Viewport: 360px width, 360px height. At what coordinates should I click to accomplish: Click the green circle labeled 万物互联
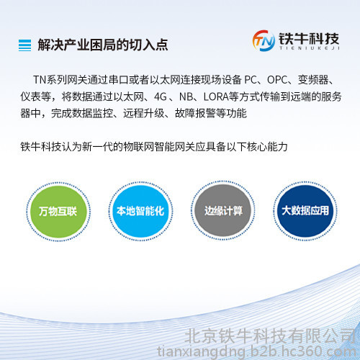pos(58,212)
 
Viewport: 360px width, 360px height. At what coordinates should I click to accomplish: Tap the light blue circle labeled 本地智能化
pos(140,211)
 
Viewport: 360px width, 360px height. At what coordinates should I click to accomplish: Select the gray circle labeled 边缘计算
pos(223,210)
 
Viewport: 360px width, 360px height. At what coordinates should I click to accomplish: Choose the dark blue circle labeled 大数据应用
pos(305,211)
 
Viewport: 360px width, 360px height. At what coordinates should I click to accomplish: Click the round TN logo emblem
pos(264,40)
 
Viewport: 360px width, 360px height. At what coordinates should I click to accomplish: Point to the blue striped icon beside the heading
pos(24,45)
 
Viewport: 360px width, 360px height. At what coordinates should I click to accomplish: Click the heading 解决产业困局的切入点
pos(103,45)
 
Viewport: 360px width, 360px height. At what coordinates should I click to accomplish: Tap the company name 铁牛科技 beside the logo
pos(309,39)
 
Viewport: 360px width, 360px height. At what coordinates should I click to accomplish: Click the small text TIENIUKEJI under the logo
pos(310,48)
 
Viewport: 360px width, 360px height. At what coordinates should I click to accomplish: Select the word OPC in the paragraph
pos(277,80)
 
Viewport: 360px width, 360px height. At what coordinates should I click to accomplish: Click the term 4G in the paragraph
pos(161,97)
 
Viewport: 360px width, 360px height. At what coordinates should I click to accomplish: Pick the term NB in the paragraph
pos(185,97)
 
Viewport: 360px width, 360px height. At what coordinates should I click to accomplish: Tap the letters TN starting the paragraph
pos(40,80)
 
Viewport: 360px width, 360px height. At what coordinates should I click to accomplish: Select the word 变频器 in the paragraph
pos(313,80)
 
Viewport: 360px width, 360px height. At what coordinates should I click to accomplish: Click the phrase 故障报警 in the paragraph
pos(195,113)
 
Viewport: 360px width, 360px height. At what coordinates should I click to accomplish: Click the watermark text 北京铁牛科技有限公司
pos(271,336)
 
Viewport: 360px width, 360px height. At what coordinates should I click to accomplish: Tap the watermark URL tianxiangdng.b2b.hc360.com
pos(257,352)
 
